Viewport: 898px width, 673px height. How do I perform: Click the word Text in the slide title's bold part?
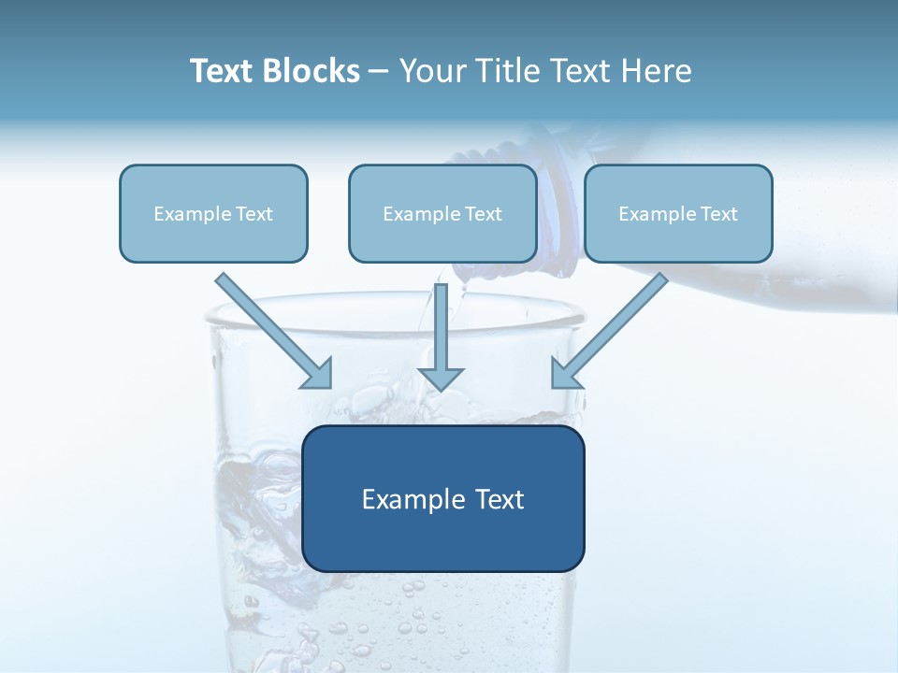point(223,71)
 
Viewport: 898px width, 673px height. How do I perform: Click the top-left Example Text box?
point(213,213)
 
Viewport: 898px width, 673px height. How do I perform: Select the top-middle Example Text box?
point(442,213)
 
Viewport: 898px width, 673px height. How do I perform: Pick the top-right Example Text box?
point(678,213)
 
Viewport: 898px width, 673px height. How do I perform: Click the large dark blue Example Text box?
point(442,498)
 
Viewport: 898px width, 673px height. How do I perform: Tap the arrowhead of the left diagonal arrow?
point(319,374)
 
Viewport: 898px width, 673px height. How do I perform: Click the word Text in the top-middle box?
point(483,214)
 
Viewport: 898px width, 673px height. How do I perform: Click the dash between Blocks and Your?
point(379,71)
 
